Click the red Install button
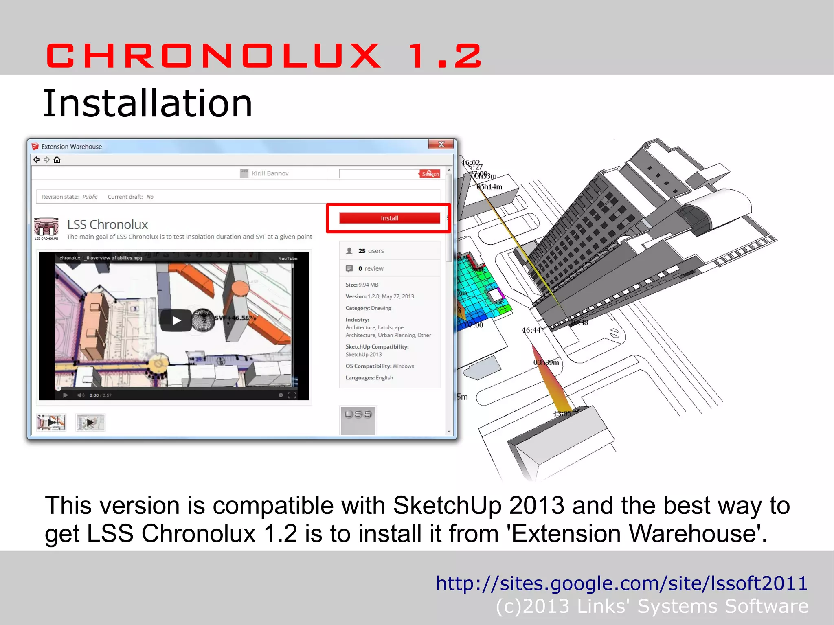[389, 218]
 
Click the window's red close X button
[441, 145]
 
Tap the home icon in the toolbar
[57, 160]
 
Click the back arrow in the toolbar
[37, 160]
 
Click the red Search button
[430, 174]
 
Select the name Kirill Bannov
[270, 173]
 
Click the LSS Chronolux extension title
[108, 224]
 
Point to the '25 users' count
[371, 251]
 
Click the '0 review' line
[371, 268]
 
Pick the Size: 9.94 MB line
[362, 285]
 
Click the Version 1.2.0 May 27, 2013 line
[380, 296]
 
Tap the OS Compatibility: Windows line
[380, 366]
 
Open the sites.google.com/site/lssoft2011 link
[621, 583]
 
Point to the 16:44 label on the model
[531, 330]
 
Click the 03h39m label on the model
[546, 362]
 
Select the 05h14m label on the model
[490, 187]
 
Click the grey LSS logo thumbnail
[358, 419]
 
